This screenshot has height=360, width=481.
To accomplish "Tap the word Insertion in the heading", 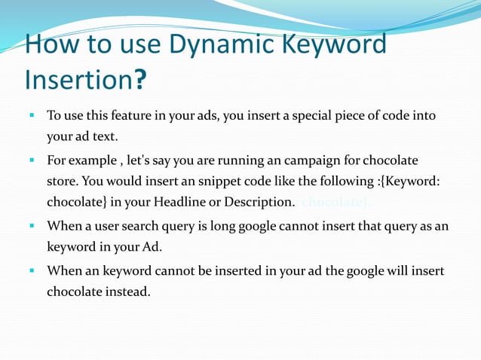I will click(78, 78).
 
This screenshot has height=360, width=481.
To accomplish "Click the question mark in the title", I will click(140, 78).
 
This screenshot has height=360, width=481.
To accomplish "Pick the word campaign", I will click(319, 161).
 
